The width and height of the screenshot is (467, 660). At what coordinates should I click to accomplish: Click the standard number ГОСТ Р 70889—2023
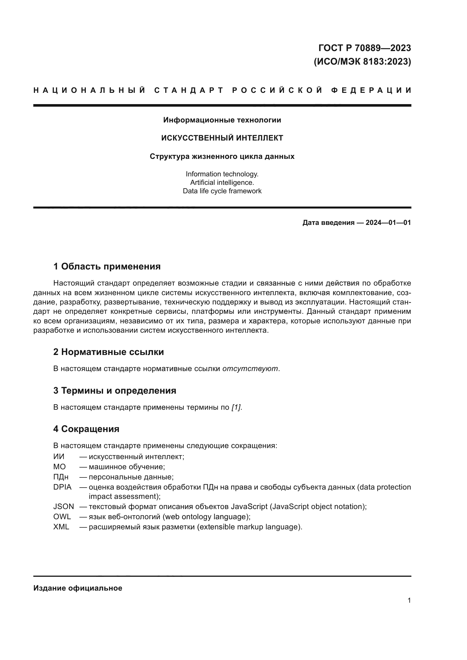(x=365, y=48)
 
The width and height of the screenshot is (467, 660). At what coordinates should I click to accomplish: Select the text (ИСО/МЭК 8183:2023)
(x=362, y=62)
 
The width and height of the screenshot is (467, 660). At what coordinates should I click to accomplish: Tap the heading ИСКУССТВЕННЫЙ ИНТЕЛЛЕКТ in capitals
(x=222, y=138)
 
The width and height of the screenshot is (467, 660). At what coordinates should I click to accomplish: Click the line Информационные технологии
(x=222, y=120)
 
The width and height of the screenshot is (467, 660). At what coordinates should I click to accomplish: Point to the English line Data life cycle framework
(x=222, y=191)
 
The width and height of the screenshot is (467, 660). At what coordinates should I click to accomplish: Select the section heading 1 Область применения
(x=107, y=266)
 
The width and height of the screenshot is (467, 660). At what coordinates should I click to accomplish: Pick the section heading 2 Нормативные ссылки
(x=108, y=352)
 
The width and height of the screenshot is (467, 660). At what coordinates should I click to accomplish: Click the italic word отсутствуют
(x=250, y=369)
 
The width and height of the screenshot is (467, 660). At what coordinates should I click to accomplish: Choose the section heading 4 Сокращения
(x=86, y=429)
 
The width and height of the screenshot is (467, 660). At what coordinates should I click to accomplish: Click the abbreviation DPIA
(x=62, y=487)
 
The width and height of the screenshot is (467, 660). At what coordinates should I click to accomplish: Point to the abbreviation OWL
(x=62, y=517)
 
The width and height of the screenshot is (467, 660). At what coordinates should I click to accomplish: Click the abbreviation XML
(x=61, y=527)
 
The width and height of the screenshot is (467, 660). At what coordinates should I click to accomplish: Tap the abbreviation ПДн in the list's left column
(x=61, y=477)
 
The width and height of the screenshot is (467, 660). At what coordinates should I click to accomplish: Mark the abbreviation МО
(x=59, y=466)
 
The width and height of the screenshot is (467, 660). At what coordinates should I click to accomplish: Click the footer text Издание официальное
(x=78, y=588)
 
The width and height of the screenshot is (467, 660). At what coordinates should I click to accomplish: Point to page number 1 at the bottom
(x=409, y=600)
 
